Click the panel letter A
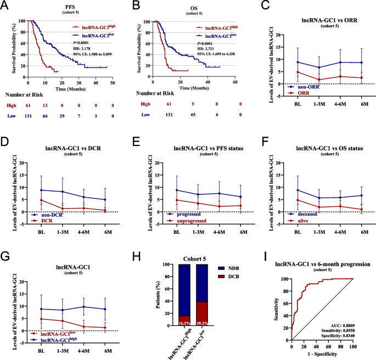click(5, 6)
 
